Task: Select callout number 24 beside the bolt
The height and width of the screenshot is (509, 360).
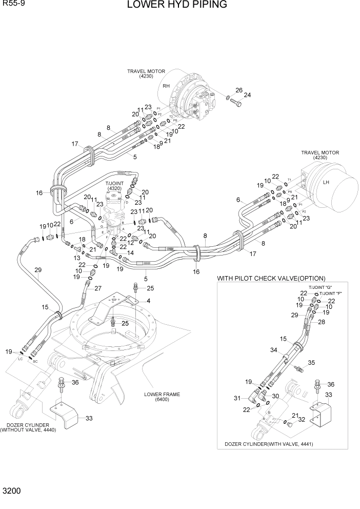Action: (247, 95)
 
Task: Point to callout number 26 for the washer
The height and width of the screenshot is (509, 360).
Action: (238, 90)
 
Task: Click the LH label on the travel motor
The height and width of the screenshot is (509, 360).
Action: (326, 182)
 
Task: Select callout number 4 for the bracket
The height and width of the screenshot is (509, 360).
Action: (148, 301)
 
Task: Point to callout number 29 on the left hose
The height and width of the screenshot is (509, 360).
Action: (37, 270)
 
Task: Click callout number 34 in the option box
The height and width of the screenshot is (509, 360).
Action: (274, 350)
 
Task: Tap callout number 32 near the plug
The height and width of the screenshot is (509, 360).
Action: (302, 419)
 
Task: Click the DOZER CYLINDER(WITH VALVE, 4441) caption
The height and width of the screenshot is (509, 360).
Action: (269, 444)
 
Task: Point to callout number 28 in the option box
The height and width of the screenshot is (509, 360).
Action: (322, 322)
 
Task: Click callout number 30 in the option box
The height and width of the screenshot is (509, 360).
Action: (275, 396)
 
